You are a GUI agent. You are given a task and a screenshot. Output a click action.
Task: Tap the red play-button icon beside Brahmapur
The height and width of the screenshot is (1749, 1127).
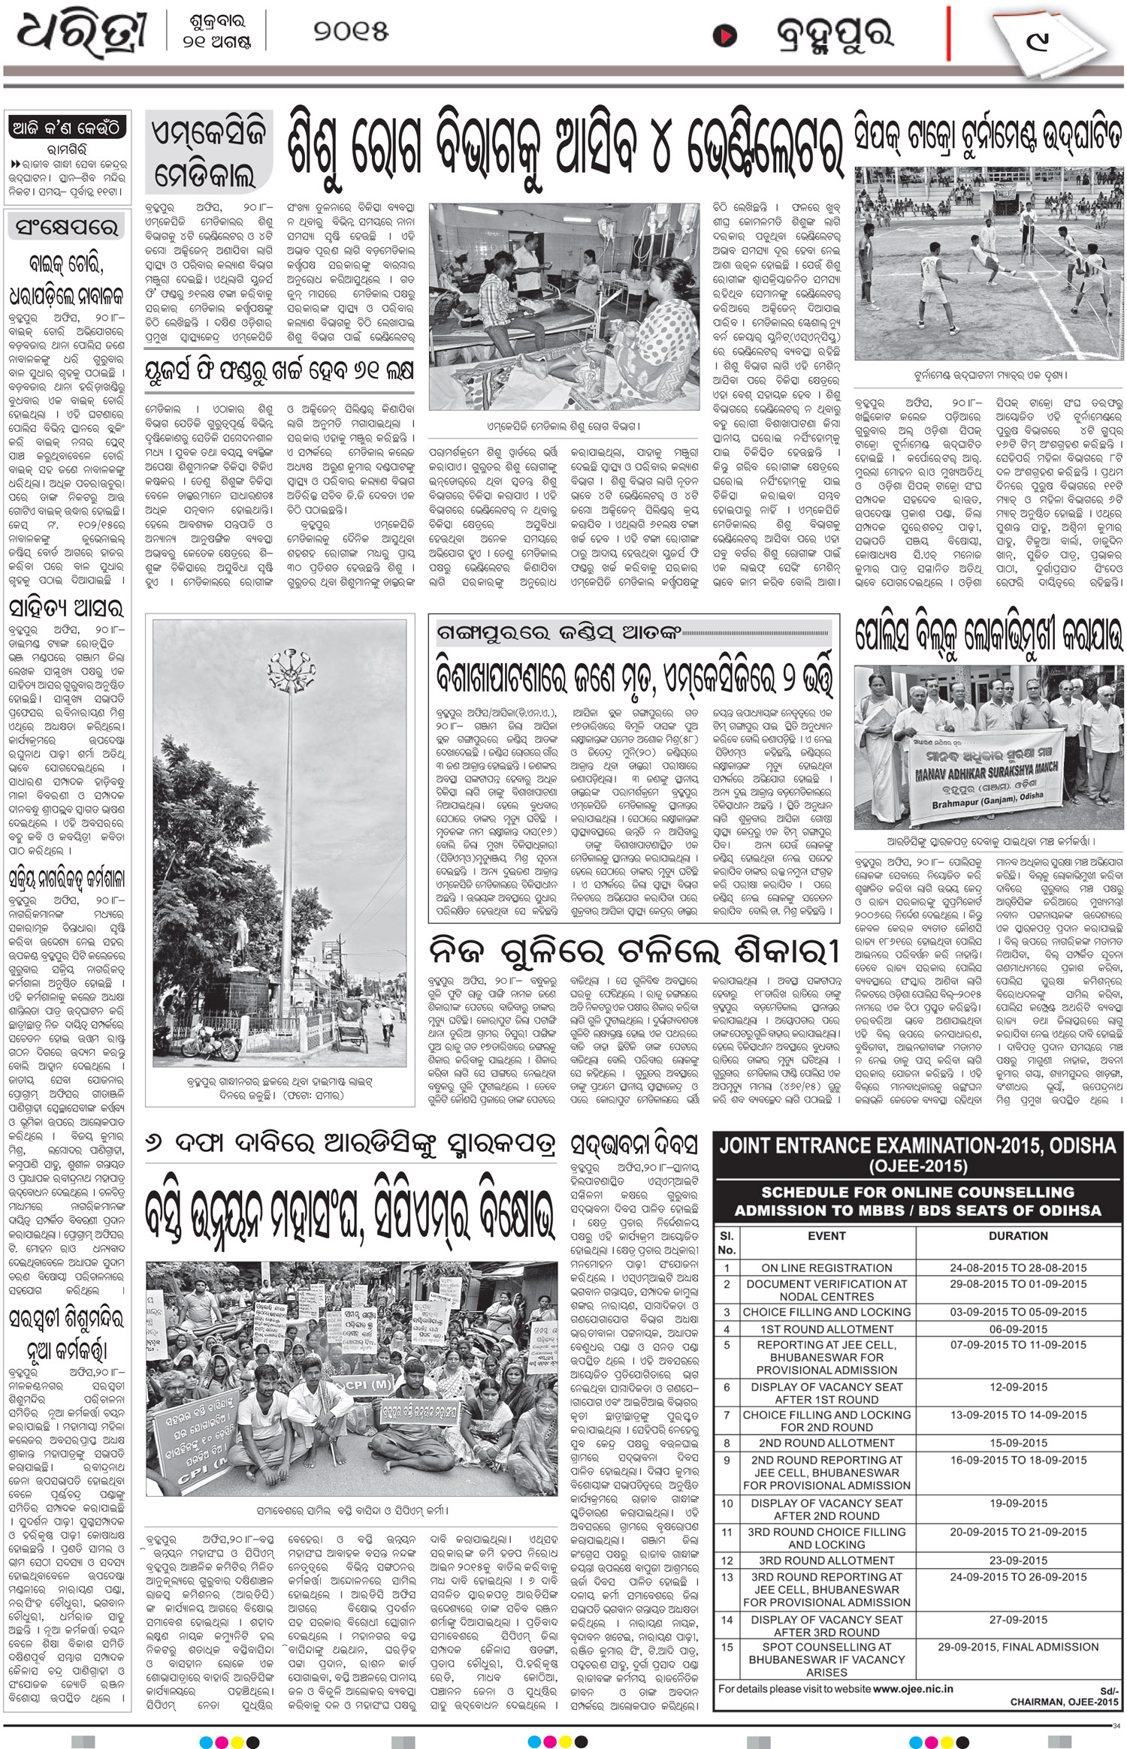724,36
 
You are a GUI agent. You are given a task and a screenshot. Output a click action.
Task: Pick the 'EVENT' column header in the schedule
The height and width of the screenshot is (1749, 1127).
826,1235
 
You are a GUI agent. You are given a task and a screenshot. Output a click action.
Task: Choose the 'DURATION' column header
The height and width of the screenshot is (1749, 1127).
1018,1235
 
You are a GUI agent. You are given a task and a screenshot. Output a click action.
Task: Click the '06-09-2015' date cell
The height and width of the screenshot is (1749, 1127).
1018,1328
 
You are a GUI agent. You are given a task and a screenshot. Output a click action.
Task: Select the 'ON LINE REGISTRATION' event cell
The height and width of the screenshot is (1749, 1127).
826,1268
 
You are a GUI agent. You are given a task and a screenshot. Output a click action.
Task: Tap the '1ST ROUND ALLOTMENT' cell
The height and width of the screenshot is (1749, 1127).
826,1328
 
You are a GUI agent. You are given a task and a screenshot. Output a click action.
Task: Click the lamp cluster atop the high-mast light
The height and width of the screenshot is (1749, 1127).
288,662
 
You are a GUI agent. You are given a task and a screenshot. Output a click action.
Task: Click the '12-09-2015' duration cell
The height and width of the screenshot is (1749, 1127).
1018,1387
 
